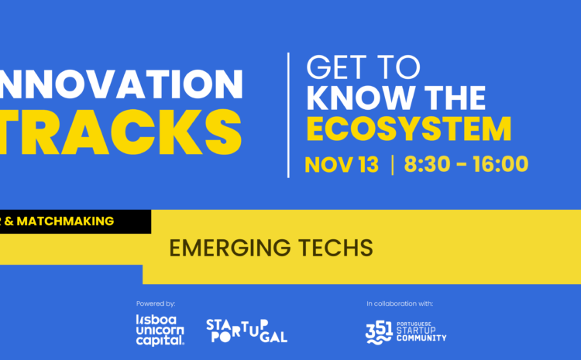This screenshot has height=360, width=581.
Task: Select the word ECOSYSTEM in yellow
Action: tap(409, 129)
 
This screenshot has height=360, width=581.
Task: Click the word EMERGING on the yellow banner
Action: tap(228, 248)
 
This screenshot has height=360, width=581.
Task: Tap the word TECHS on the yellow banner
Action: tap(332, 248)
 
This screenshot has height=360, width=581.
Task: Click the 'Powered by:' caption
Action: tap(155, 303)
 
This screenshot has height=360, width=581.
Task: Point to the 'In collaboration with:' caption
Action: tap(400, 303)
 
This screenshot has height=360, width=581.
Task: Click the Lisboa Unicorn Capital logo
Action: tap(160, 330)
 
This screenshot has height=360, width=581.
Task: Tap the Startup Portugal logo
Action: tap(246, 330)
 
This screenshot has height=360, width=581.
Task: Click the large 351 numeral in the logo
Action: tap(380, 331)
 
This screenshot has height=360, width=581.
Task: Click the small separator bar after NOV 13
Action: tap(393, 164)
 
